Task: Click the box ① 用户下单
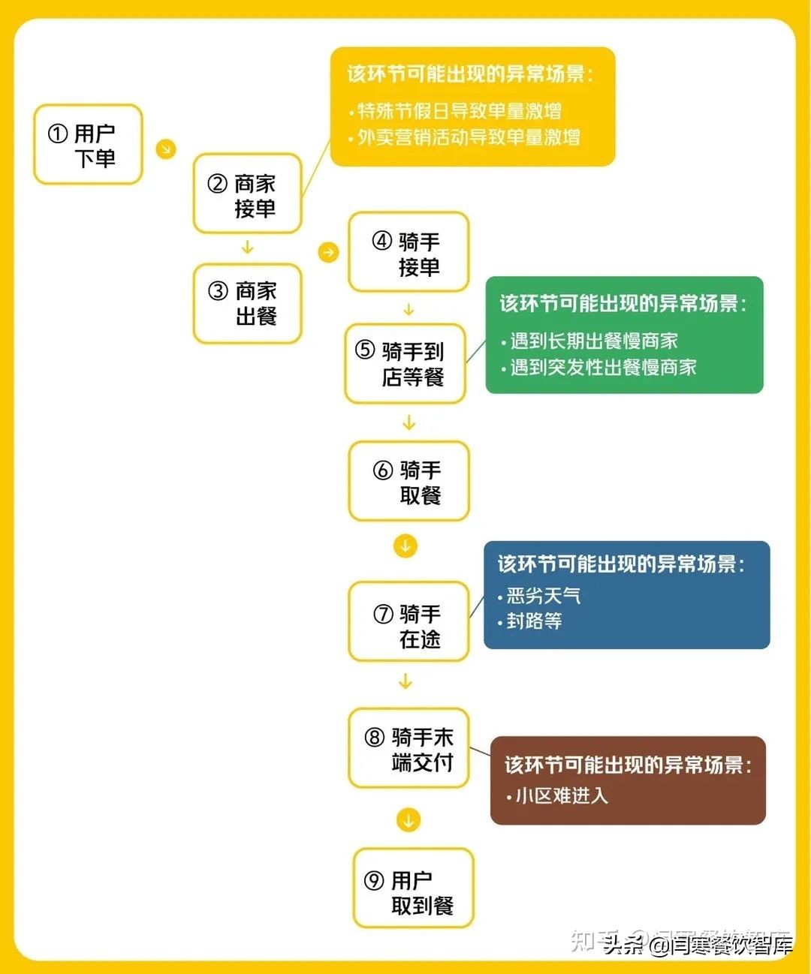[x=88, y=145]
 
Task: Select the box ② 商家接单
[x=247, y=194]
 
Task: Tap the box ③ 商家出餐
[x=247, y=303]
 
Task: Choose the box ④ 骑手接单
[x=409, y=253]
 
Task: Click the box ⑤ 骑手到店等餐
[x=405, y=364]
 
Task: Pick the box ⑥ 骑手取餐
[x=409, y=482]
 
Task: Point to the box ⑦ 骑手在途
[x=409, y=622]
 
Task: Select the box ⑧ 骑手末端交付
[x=409, y=749]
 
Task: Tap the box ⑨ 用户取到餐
[x=414, y=888]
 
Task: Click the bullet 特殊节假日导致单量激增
[x=459, y=112]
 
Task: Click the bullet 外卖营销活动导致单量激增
[x=468, y=137]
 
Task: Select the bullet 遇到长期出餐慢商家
[x=593, y=341]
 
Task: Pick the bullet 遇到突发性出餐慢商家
[x=603, y=368]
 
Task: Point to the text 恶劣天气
[x=543, y=597]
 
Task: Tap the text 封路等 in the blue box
[x=534, y=621]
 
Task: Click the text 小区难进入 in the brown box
[x=561, y=795]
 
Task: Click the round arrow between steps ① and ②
[x=166, y=148]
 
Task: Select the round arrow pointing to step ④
[x=328, y=252]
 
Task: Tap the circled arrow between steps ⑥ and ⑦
[x=405, y=546]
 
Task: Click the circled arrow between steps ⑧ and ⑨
[x=409, y=820]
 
